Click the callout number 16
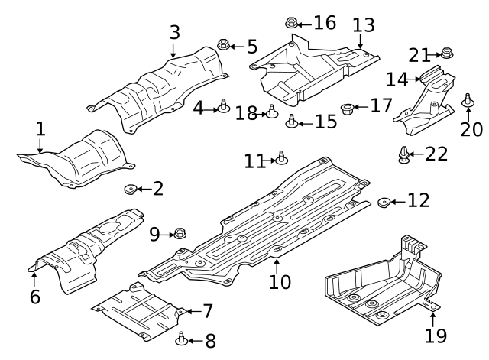pyautogui.click(x=324, y=23)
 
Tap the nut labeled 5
pyautogui.click(x=223, y=45)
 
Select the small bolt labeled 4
pyautogui.click(x=223, y=106)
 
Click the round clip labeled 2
pyautogui.click(x=130, y=189)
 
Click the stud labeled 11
pyautogui.click(x=281, y=158)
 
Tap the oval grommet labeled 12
pyautogui.click(x=385, y=202)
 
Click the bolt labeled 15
pyautogui.click(x=291, y=120)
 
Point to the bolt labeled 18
pyautogui.click(x=270, y=112)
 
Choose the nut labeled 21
pyautogui.click(x=446, y=54)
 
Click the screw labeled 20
pyautogui.click(x=468, y=100)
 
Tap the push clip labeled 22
pyautogui.click(x=404, y=155)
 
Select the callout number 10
pyautogui.click(x=280, y=281)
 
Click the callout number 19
pyautogui.click(x=436, y=335)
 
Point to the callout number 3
pyautogui.click(x=175, y=32)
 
